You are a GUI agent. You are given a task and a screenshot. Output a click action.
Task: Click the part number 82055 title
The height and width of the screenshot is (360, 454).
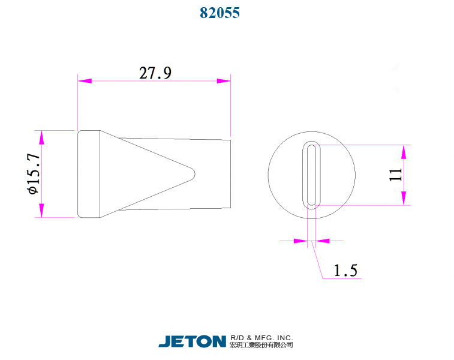coord(220,13)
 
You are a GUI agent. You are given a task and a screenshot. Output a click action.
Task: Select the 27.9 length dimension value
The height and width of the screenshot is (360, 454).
coord(155,73)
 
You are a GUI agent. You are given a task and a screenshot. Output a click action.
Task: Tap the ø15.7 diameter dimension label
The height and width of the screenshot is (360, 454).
coord(33,173)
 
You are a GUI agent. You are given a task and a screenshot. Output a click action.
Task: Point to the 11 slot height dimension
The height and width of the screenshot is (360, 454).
coord(395,175)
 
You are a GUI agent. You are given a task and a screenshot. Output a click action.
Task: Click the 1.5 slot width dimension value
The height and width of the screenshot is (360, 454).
coord(345,271)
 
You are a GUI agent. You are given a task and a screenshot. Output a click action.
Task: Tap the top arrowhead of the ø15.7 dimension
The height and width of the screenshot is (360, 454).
coord(41,137)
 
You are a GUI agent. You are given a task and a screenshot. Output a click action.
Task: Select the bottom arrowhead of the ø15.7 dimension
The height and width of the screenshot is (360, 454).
coord(41,211)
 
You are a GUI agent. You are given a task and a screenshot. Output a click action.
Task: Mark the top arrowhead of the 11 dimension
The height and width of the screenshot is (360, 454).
coord(404,151)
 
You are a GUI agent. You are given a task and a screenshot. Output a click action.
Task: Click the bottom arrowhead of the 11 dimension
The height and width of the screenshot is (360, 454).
coord(404,199)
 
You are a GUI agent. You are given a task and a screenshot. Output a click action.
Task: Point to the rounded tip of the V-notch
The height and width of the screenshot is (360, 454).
coord(193,174)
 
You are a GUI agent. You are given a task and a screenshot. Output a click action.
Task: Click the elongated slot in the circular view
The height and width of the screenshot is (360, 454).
coord(311,175)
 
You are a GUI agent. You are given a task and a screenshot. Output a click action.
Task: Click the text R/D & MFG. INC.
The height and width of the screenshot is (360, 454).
coord(261,338)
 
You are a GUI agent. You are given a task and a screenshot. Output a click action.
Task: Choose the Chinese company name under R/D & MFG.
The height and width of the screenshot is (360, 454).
coord(261,346)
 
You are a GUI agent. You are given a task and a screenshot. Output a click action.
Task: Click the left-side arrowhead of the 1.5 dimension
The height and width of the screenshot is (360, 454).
coord(300,241)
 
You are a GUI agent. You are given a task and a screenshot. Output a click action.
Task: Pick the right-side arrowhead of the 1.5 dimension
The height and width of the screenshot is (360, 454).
coord(323,241)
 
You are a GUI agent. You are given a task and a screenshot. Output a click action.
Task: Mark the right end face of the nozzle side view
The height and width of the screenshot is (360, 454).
coord(230,174)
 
